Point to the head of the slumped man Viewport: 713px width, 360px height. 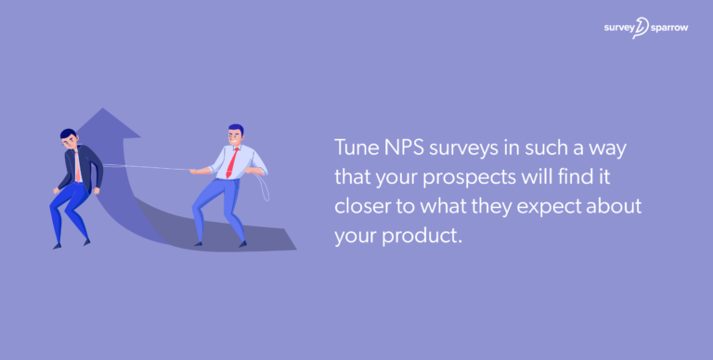[x=69, y=138]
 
